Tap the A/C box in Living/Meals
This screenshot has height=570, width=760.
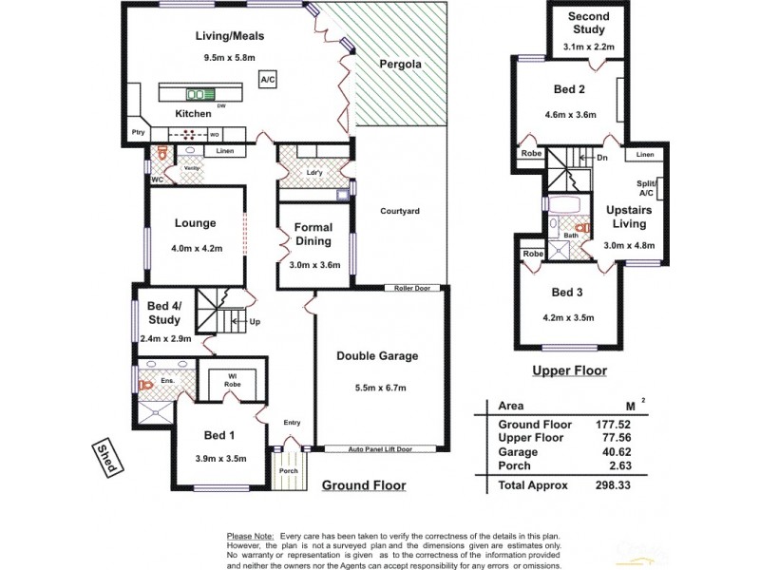click(268, 81)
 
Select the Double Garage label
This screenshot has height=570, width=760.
click(377, 356)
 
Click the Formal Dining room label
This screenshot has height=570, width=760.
click(313, 234)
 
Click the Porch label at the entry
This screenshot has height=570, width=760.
click(286, 469)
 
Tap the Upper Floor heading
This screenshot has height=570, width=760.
click(569, 371)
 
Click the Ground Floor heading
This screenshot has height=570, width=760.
click(364, 485)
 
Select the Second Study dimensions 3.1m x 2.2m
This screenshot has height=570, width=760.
click(587, 46)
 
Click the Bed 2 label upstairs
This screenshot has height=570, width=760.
click(569, 90)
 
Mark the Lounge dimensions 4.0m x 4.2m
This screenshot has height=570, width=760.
click(196, 249)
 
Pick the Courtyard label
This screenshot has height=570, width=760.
click(399, 211)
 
